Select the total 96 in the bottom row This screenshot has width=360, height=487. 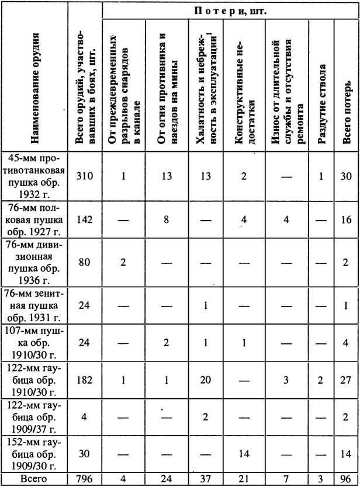pyautogui.click(x=347, y=481)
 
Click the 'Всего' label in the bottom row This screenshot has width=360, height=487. pyautogui.click(x=36, y=481)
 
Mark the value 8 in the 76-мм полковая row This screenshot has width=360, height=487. pyautogui.click(x=166, y=220)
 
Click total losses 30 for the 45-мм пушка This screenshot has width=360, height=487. pyautogui.click(x=347, y=176)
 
